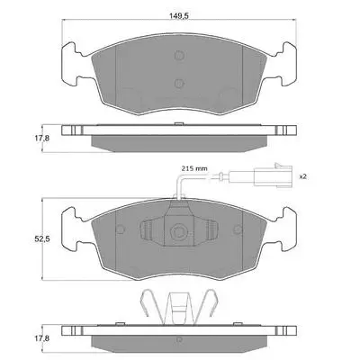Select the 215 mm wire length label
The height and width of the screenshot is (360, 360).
coord(194,168)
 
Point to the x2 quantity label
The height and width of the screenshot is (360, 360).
coord(303,176)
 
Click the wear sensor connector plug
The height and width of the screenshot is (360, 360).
coord(273,175)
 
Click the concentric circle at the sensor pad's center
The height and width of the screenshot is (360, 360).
coord(179,231)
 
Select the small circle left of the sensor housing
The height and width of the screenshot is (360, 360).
coord(121,229)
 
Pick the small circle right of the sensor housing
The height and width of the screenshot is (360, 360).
coord(238,229)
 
